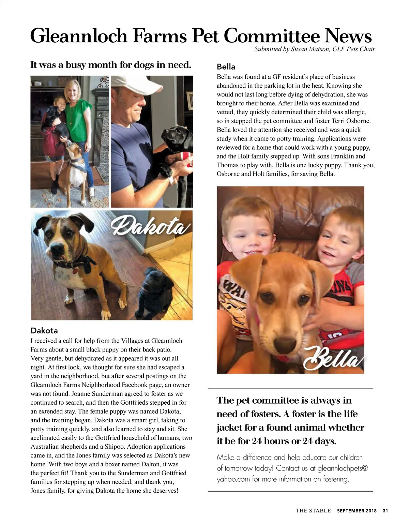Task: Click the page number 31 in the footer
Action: point(385,511)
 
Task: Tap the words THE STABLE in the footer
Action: point(313,511)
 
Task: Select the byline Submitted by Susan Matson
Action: point(314,49)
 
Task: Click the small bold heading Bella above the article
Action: point(226,67)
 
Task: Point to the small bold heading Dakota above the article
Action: point(44,330)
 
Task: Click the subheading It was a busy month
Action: point(110,64)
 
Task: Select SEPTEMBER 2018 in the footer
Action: point(357,511)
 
